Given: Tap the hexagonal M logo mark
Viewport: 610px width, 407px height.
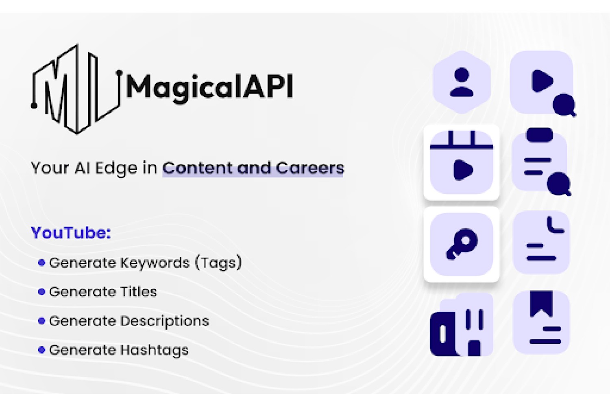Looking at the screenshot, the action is [x=76, y=89].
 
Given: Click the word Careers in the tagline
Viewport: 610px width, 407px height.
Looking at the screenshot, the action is [x=310, y=168].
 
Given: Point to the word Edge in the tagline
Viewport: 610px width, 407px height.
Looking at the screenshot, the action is [x=116, y=168].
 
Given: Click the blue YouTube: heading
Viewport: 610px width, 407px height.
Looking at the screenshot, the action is [x=71, y=233].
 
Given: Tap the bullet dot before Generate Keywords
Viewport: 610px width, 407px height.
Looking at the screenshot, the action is [x=41, y=263].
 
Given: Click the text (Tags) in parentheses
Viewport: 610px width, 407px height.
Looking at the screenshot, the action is [x=218, y=263].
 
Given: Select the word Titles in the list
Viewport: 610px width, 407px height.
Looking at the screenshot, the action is [x=139, y=292].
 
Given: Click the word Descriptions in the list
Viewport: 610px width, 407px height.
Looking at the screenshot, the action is [x=164, y=321].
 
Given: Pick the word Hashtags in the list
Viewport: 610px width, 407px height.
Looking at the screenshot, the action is [x=155, y=350].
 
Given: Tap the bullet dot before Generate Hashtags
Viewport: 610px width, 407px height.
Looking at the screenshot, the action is [x=41, y=350].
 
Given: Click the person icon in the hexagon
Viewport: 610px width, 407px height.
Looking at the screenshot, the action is [x=462, y=82].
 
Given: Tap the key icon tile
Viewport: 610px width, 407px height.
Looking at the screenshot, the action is [x=462, y=244].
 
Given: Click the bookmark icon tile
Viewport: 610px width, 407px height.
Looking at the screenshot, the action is [x=541, y=322].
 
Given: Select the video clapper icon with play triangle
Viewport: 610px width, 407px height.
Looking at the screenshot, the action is [x=462, y=162].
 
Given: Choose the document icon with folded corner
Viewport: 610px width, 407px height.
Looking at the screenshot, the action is [x=541, y=242].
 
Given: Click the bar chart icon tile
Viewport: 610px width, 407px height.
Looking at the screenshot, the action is [x=462, y=324].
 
